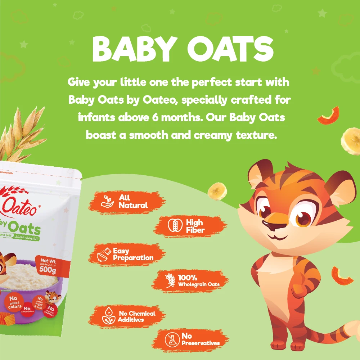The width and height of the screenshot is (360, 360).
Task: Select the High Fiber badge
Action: point(190,226)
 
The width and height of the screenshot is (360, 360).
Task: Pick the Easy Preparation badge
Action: point(128,255)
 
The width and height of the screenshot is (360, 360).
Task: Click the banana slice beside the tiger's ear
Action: point(217,191)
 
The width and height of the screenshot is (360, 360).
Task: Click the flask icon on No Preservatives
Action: point(172,339)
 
